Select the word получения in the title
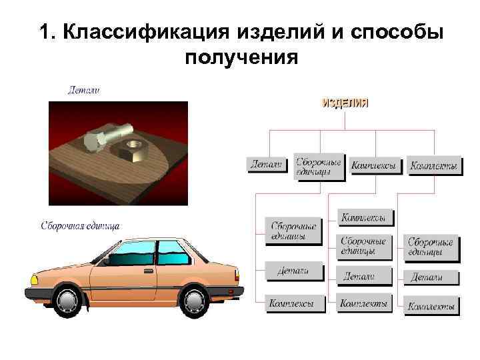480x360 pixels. [x=241, y=58]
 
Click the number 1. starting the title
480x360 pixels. [x=49, y=33]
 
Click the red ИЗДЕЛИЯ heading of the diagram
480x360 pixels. [x=345, y=103]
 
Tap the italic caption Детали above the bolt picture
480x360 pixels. [x=84, y=89]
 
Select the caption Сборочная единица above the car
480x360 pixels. [x=80, y=225]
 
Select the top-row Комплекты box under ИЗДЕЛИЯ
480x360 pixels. [x=434, y=165]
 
